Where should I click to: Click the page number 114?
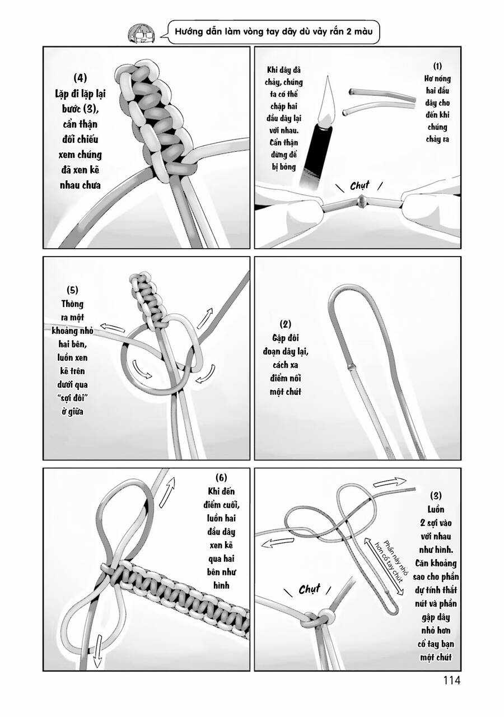point(451,680)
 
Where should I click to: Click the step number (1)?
point(437,66)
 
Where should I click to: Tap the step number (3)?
point(436,495)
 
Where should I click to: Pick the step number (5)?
point(72,290)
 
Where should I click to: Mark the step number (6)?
point(221,477)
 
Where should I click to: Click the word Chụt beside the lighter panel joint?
point(360,186)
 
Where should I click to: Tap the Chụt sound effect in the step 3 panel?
point(309,589)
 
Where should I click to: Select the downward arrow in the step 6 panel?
point(97,652)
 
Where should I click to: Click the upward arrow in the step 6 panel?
point(167,492)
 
